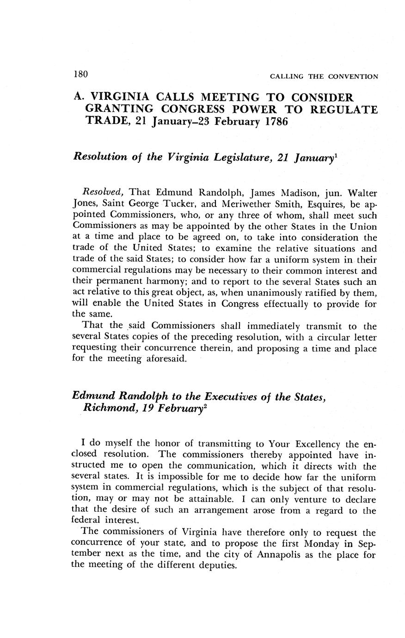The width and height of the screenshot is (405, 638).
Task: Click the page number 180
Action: tap(80, 74)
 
